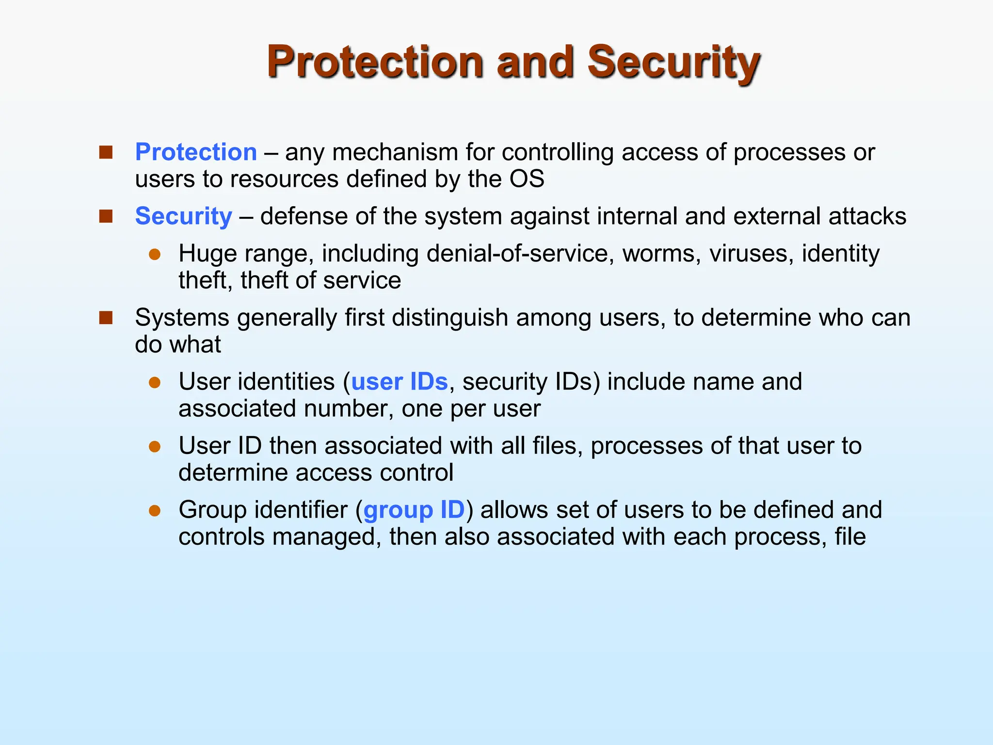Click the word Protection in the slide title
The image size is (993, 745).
(x=374, y=62)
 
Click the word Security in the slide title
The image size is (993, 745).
(x=673, y=62)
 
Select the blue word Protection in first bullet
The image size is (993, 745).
(x=196, y=152)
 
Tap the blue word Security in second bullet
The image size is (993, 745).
(x=183, y=216)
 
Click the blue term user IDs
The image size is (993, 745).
(x=400, y=382)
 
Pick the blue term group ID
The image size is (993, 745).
(x=414, y=510)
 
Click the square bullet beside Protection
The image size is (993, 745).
(x=106, y=152)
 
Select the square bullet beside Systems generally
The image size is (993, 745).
(x=106, y=318)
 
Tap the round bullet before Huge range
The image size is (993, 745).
(x=155, y=255)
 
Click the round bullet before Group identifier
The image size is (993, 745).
(x=155, y=511)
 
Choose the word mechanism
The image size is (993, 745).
(x=395, y=152)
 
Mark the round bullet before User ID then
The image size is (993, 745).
(x=155, y=447)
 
